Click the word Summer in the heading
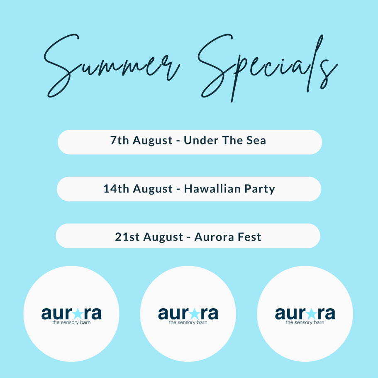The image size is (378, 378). pyautogui.click(x=112, y=65)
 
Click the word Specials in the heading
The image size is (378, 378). pyautogui.click(x=268, y=68)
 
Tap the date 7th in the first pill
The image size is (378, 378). pyautogui.click(x=119, y=140)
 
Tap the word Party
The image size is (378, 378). pyautogui.click(x=260, y=189)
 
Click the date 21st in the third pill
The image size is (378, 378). pyautogui.click(x=127, y=237)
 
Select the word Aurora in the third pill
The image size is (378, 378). pyautogui.click(x=215, y=237)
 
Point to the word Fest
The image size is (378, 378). pyautogui.click(x=249, y=237)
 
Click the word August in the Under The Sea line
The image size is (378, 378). pyautogui.click(x=152, y=141)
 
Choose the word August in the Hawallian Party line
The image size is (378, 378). pyautogui.click(x=153, y=189)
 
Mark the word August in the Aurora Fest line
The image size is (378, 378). pyautogui.click(x=163, y=237)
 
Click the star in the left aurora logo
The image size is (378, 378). pyautogui.click(x=78, y=314)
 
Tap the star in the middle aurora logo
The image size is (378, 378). pyautogui.click(x=194, y=314)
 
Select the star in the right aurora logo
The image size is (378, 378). pyautogui.click(x=311, y=314)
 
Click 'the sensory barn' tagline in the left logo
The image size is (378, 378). pyautogui.click(x=71, y=322)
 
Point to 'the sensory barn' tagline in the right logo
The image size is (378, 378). pyautogui.click(x=305, y=322)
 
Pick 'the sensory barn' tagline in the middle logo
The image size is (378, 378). pyautogui.click(x=188, y=322)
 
